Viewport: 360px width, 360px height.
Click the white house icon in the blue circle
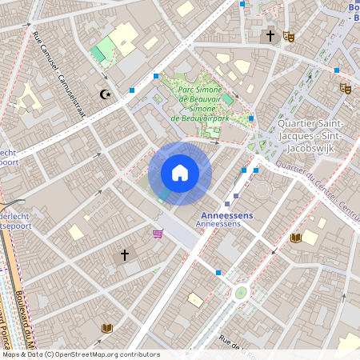tap(180, 173)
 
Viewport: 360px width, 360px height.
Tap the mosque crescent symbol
tap(104, 94)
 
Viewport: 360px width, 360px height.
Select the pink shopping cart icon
tap(158, 234)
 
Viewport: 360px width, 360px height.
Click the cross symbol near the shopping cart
tap(125, 255)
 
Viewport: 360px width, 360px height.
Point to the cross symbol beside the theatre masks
tap(270, 35)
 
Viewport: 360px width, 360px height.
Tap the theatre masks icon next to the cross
tap(288, 36)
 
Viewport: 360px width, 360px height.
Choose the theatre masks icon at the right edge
tap(346, 88)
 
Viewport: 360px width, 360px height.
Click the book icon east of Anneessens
tap(296, 238)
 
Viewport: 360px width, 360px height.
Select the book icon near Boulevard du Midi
tap(106, 328)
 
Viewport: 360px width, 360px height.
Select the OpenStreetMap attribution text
tap(81, 354)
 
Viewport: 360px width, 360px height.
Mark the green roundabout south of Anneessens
tap(240, 293)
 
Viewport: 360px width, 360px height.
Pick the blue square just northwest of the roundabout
tap(218, 273)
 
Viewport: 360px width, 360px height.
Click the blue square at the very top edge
tap(242, 4)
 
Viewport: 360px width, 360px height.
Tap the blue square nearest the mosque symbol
tap(132, 90)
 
